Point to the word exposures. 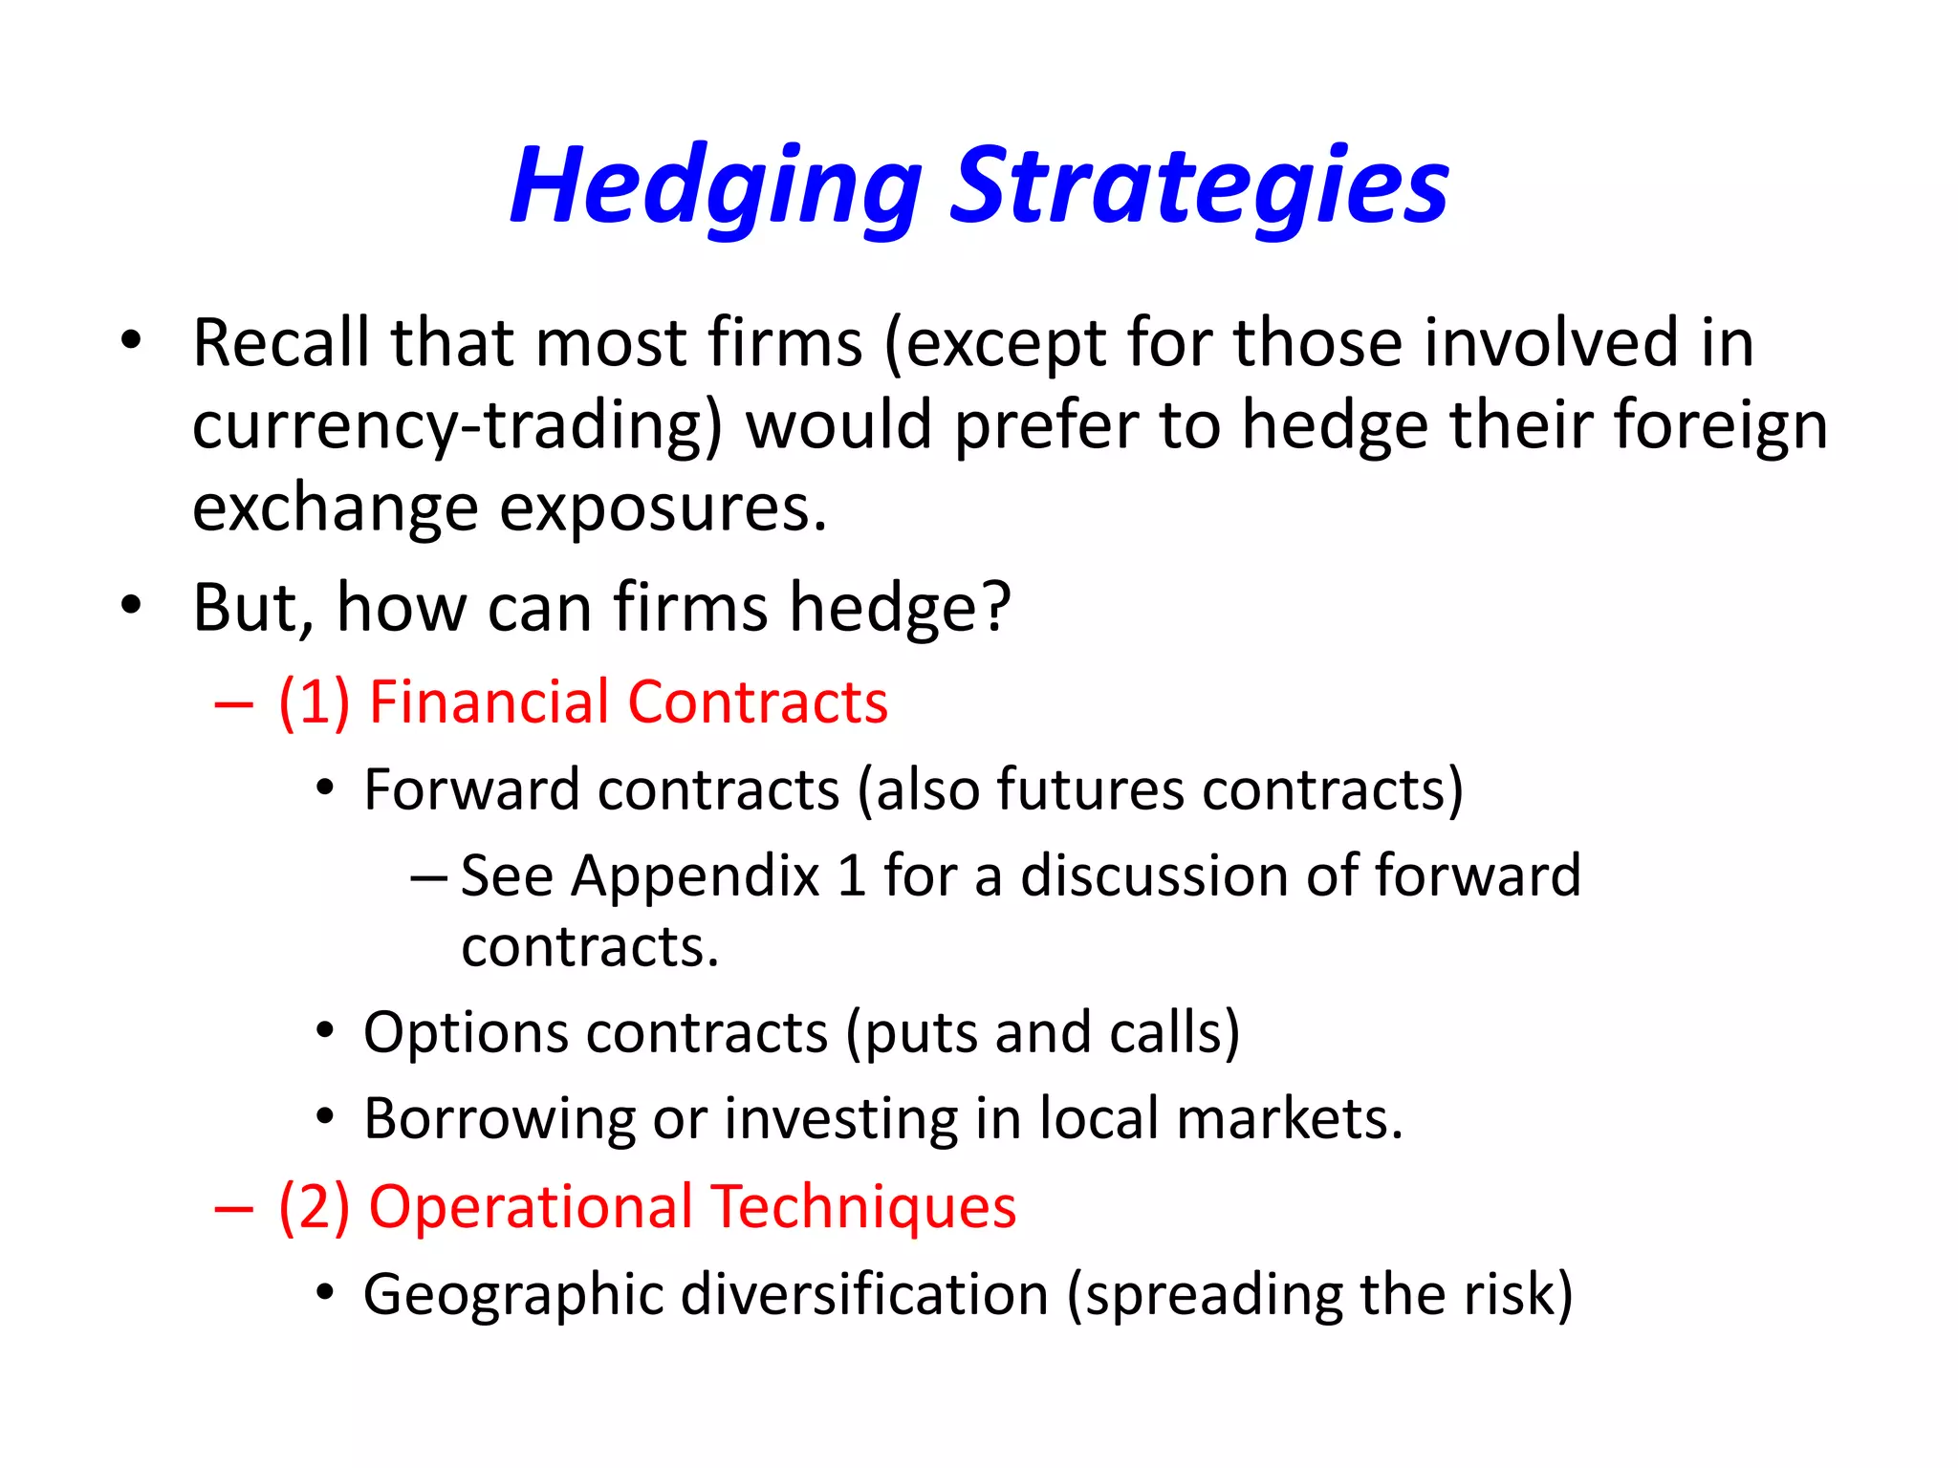pyautogui.click(x=663, y=508)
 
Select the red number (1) pyautogui.click(x=314, y=702)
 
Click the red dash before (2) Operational pyautogui.click(x=234, y=1209)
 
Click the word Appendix pyautogui.click(x=695, y=876)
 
